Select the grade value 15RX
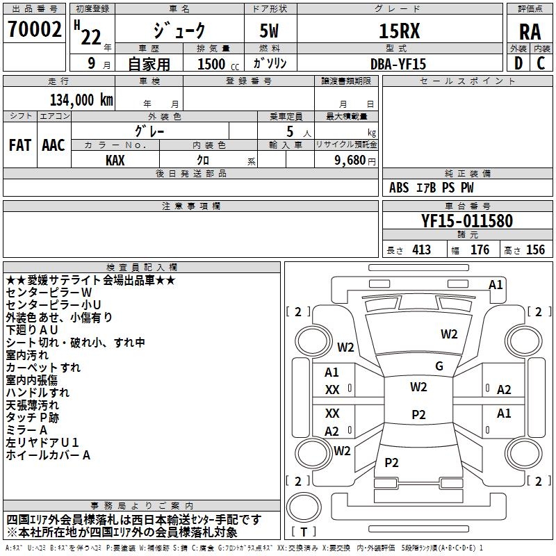[x=399, y=31]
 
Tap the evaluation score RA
[x=530, y=32]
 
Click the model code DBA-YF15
[x=398, y=63]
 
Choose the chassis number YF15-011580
[x=467, y=221]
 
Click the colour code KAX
[x=115, y=159]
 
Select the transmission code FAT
[x=19, y=145]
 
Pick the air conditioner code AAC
[x=54, y=145]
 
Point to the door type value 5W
[x=270, y=31]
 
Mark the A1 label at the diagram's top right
[x=496, y=284]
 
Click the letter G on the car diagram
[x=439, y=366]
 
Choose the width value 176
[x=480, y=250]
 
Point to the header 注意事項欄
[x=191, y=206]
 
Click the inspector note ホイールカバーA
[x=48, y=455]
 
